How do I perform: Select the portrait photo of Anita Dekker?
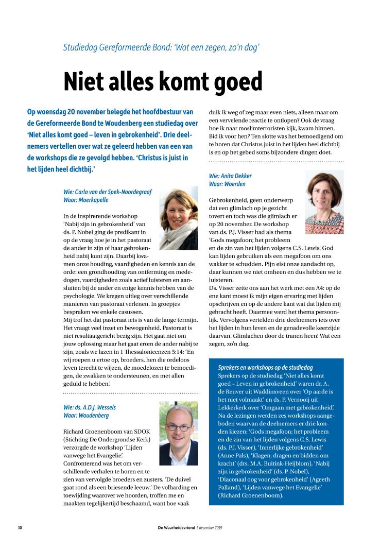click(x=324, y=202)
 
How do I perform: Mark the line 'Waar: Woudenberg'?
click(x=86, y=415)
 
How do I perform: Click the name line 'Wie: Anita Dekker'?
click(x=230, y=176)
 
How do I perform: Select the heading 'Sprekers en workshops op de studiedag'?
click(x=265, y=367)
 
